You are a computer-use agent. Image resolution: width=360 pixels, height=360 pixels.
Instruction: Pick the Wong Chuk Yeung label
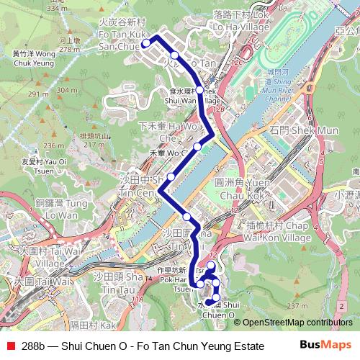coord(33,58)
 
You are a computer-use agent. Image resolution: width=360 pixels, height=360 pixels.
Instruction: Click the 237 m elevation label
coord(297,306)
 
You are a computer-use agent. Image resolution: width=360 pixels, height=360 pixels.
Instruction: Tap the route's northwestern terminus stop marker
coord(145,43)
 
